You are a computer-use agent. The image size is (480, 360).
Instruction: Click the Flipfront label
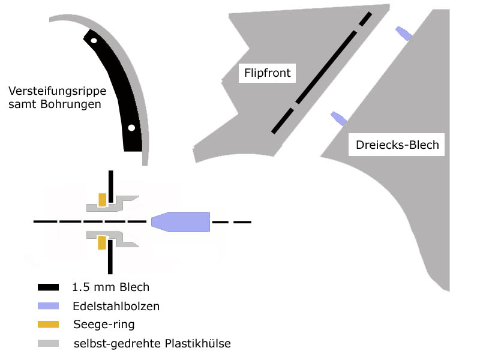coord(267,73)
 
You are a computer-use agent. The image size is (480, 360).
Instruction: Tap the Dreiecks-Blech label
coord(397,145)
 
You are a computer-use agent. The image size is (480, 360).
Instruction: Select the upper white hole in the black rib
coord(94,40)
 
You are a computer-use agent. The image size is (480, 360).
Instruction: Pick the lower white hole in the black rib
coord(131,127)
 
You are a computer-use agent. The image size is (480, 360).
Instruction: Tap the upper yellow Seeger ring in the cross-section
coord(103,199)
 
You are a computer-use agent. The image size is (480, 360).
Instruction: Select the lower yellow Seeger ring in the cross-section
coord(102,243)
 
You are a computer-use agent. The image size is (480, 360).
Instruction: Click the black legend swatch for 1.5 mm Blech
coord(48,287)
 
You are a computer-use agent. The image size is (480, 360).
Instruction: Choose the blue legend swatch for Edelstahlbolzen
coord(48,306)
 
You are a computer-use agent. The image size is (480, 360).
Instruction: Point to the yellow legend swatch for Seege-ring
coord(48,325)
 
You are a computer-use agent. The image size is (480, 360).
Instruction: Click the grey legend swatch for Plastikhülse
coord(48,343)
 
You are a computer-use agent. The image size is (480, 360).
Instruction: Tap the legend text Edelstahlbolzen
coord(116,306)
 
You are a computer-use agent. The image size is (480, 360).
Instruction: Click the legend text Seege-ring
coord(103,325)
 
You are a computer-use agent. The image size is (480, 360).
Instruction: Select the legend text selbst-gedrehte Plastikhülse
coord(151,343)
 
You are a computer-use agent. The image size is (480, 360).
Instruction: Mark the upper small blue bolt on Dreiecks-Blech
coord(403,33)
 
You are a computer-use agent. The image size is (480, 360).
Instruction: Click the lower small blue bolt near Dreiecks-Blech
coord(338,118)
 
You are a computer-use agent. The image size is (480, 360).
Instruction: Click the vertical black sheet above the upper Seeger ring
coord(110,181)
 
